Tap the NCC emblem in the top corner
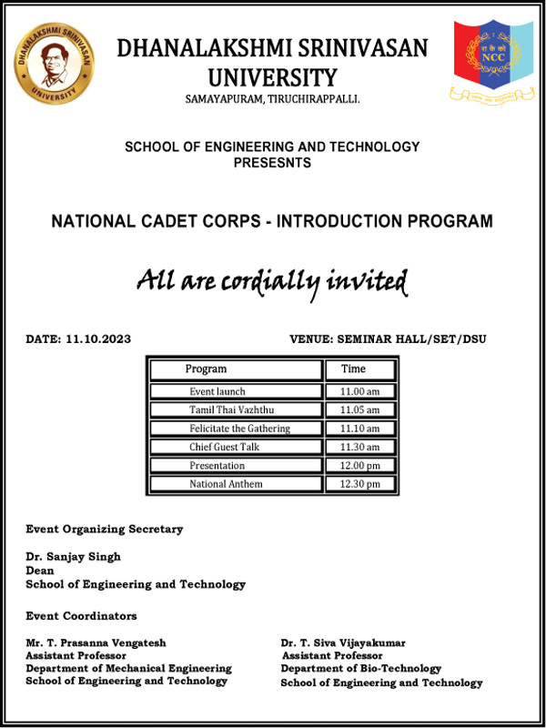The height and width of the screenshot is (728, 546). pos(493,60)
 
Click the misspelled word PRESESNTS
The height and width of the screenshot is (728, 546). pos(272,164)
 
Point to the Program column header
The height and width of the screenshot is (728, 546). pos(207,369)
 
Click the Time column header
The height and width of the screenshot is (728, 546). pos(354,369)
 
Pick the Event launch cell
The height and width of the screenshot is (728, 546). pos(217,391)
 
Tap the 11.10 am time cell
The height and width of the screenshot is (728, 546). pos(359,429)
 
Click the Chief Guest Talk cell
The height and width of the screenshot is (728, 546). pos(226,447)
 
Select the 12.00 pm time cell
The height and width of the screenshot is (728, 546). pos(359,466)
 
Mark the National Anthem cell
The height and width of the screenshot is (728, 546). pos(226,484)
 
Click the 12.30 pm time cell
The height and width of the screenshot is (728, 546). pos(359,484)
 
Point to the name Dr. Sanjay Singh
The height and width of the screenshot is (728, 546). pos(74,557)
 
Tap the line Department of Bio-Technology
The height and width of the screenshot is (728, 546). pos(361,669)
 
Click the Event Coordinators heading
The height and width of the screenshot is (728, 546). pos(82,616)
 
